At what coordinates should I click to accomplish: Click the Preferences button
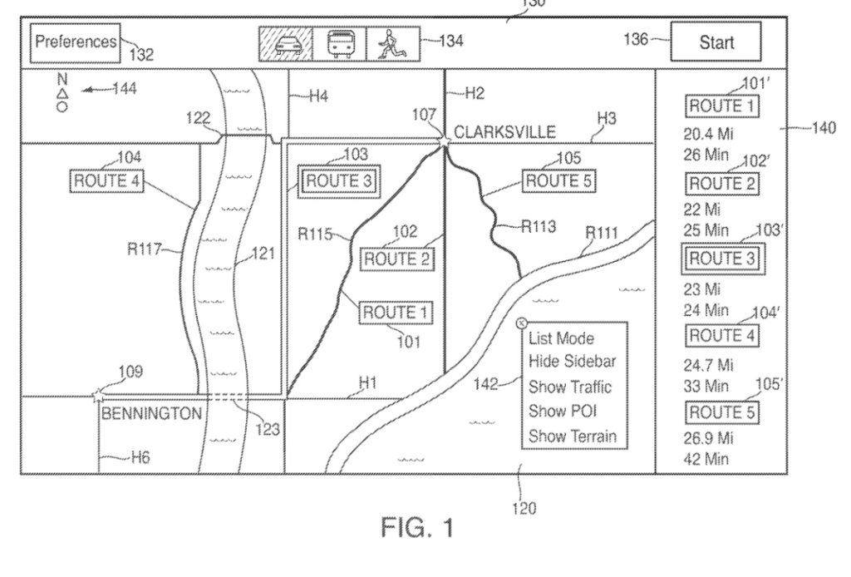76,42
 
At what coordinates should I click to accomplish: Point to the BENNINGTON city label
151,412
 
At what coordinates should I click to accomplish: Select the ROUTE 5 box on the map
558,180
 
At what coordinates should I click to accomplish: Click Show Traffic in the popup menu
569,387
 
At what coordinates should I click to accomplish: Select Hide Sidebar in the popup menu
572,362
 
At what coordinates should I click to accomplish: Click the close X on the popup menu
521,323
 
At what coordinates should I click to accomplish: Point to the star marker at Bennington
99,394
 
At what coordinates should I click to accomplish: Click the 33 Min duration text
706,386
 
